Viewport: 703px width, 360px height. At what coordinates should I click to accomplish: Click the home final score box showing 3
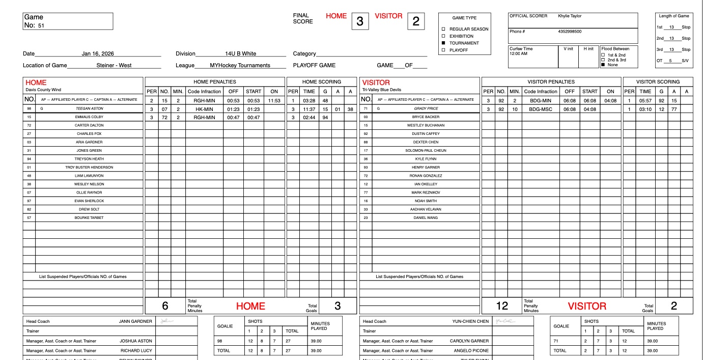(360, 21)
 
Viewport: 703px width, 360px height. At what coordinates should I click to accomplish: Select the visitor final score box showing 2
(416, 21)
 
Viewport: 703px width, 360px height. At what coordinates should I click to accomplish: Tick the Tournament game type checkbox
(443, 43)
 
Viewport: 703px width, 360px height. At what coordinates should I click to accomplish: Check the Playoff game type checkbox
(443, 50)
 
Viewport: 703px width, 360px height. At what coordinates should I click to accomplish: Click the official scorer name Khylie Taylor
(570, 16)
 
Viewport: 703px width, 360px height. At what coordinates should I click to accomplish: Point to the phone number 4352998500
(570, 32)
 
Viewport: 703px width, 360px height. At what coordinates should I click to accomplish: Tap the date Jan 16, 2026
(98, 53)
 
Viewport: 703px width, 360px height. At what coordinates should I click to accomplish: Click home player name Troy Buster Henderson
(89, 168)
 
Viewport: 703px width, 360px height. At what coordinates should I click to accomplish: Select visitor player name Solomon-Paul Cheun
(425, 151)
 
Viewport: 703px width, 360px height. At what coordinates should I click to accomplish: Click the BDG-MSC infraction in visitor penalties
(541, 109)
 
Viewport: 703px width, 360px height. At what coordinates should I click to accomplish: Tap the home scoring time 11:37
(309, 109)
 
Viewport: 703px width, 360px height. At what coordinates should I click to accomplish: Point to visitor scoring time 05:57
(645, 101)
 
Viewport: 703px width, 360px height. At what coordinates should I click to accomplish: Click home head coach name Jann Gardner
(135, 321)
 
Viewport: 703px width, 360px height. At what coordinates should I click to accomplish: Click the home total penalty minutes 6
(165, 306)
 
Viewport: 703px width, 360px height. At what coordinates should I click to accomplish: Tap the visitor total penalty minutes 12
(502, 306)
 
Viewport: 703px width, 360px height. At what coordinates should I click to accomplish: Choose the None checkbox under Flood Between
(603, 65)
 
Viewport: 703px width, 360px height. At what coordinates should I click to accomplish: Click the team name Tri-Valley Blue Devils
(381, 90)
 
